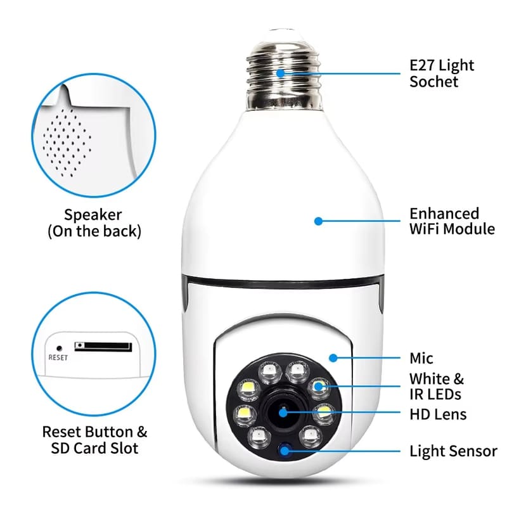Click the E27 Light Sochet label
pos(442,74)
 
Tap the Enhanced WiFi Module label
pos(452,221)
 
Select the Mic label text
pos(421,358)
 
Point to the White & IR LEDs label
pos(436,387)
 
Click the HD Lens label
pos(438,414)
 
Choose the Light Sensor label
pos(453,452)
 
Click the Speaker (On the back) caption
pos(94,223)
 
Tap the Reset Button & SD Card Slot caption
pos(94,440)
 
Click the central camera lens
pos(282,413)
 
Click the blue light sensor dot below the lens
pos(284,451)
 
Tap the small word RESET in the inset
pos(58,357)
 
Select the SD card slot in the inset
pos(103,347)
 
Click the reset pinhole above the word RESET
pos(59,347)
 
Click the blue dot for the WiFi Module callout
pos(319,221)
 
